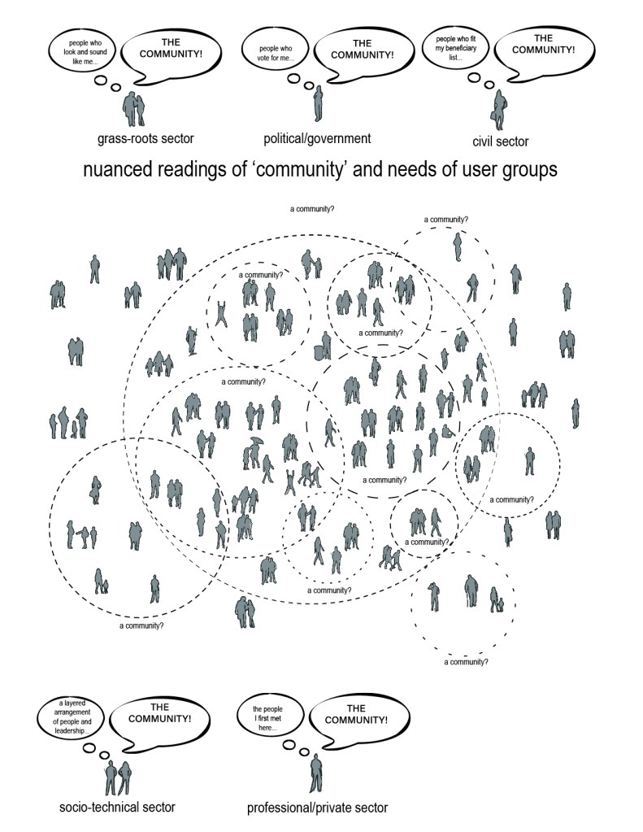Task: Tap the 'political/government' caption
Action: (317, 138)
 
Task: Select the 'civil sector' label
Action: (500, 142)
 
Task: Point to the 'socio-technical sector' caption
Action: (117, 807)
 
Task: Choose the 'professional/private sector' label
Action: (317, 808)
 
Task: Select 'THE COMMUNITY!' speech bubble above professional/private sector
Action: (356, 715)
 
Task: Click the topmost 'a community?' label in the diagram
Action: (312, 209)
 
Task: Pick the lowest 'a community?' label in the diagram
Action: (466, 662)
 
